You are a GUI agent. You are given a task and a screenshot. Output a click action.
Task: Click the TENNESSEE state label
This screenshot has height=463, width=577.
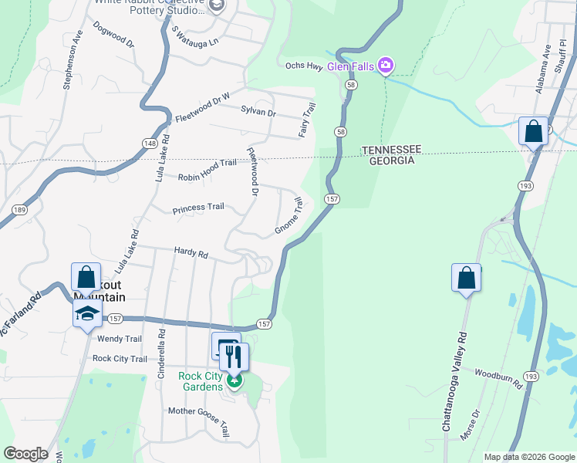point(391,149)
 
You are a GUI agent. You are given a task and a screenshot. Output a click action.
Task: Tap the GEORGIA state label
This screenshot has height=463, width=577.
point(391,161)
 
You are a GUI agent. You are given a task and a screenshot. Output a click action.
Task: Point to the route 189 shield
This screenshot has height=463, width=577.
point(19,209)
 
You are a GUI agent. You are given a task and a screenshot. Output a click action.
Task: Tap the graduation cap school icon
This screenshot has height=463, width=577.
point(88,313)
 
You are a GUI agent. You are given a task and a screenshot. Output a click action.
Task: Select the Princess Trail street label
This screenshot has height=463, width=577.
point(198,208)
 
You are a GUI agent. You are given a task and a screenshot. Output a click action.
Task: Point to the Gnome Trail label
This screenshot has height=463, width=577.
point(289,217)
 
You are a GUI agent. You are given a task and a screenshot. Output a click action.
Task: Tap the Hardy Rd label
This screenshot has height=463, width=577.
point(191,253)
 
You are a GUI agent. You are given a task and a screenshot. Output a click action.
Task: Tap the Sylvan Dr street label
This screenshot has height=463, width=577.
point(258,113)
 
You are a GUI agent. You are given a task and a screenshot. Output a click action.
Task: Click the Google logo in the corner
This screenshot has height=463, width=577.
point(25,454)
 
